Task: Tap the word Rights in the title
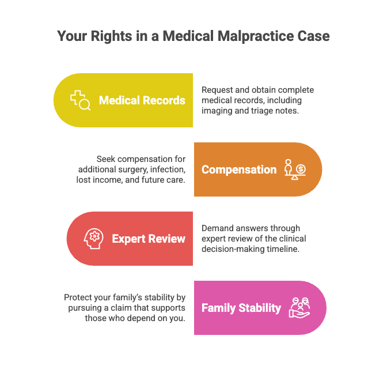pos(111,36)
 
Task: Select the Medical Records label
pos(142,100)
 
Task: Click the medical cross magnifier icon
pos(81,100)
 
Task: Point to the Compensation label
pos(239,169)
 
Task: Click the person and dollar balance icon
pos(295,169)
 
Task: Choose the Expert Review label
pos(149,239)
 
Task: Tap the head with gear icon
pos(93,239)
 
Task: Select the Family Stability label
pos(241,308)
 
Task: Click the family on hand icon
pos(299,308)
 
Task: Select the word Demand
pos(217,228)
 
